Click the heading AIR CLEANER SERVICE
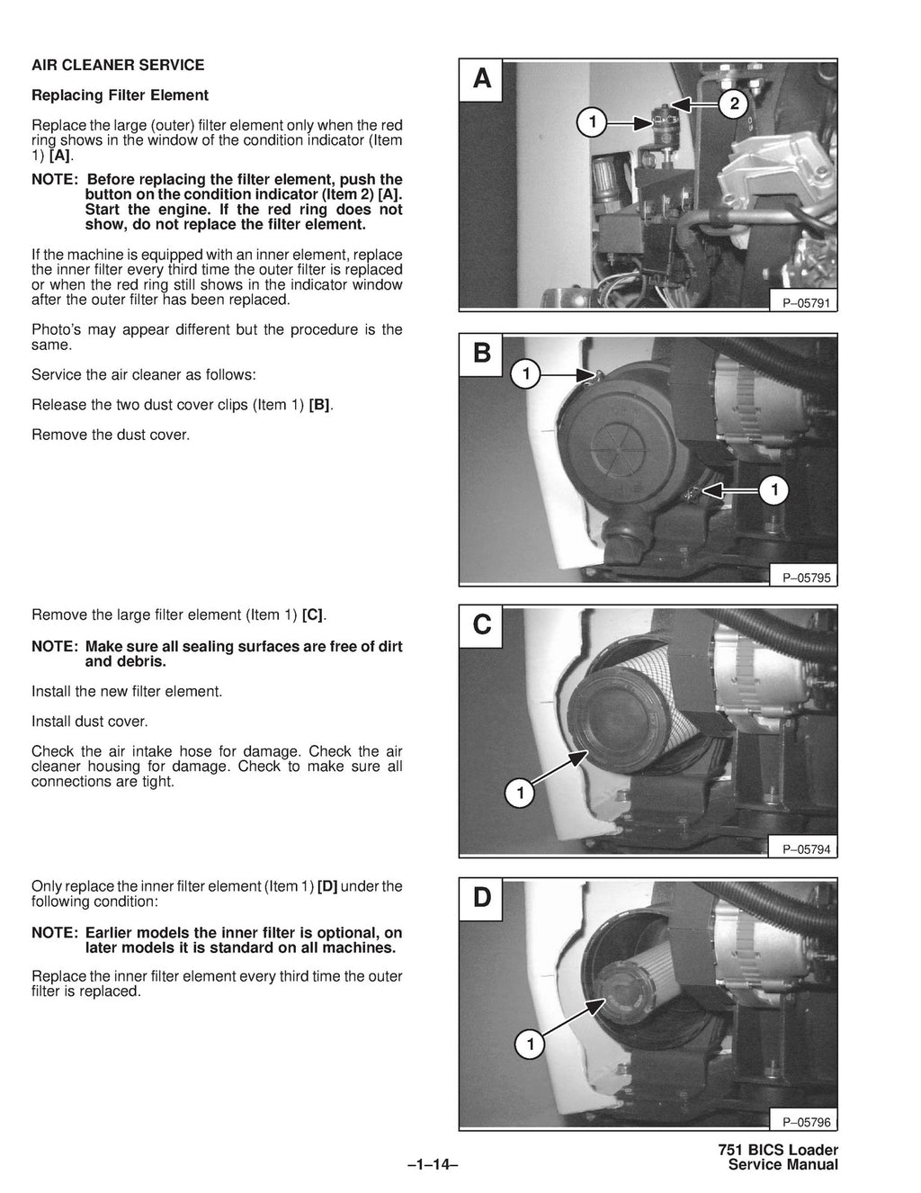pyautogui.click(x=118, y=65)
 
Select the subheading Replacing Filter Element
pyautogui.click(x=120, y=95)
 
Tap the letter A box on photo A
pyautogui.click(x=482, y=80)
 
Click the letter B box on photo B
pyautogui.click(x=482, y=354)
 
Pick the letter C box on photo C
pyautogui.click(x=482, y=624)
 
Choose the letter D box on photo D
pyautogui.click(x=482, y=897)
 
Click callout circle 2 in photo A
pyautogui.click(x=734, y=104)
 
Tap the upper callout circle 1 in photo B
pyautogui.click(x=526, y=373)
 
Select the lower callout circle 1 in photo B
pyautogui.click(x=773, y=490)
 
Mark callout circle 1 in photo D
pyautogui.click(x=530, y=1045)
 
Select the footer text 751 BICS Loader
pyautogui.click(x=778, y=1150)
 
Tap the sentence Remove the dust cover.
pyautogui.click(x=111, y=435)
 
